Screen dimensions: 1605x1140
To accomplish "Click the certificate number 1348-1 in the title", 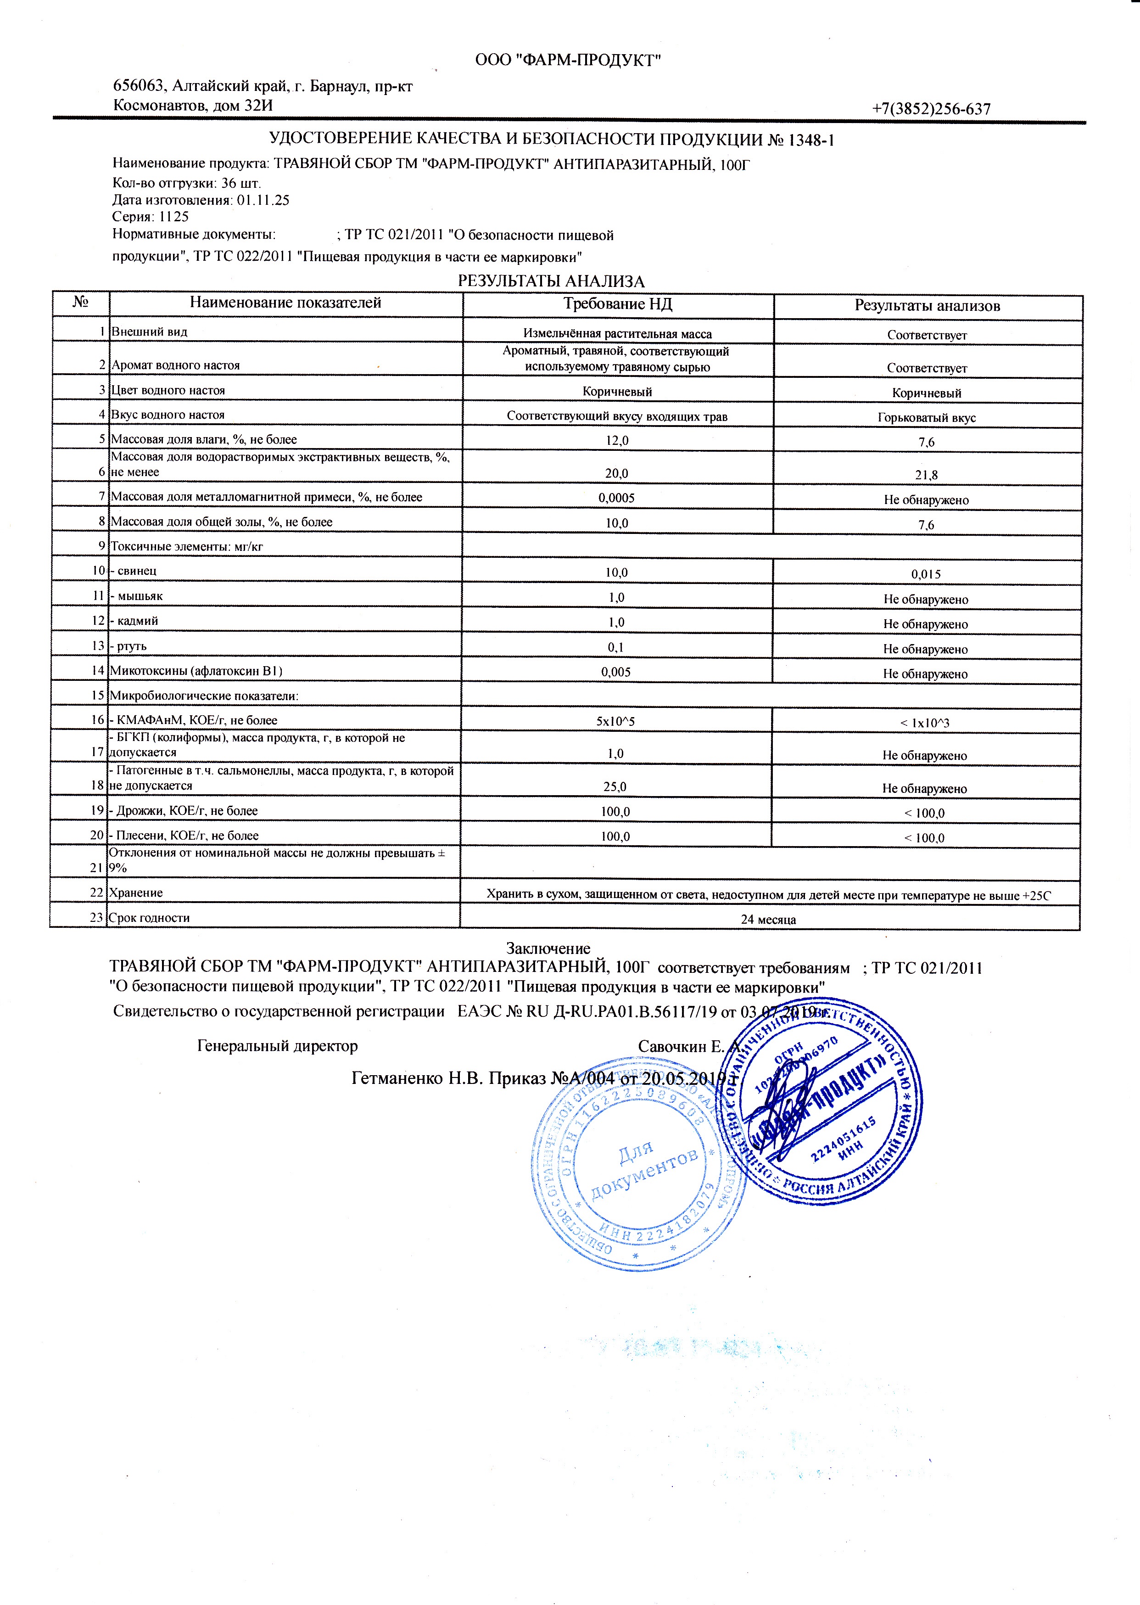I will (811, 140).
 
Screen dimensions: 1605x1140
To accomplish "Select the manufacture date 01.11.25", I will (263, 200).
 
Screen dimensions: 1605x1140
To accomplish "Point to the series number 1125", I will (174, 217).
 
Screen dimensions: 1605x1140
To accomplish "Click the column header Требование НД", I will (618, 304).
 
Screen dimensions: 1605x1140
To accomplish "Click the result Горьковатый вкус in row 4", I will (927, 418).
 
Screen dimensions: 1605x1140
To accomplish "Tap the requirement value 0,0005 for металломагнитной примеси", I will (616, 498).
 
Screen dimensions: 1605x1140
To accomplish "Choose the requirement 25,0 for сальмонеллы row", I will (615, 787).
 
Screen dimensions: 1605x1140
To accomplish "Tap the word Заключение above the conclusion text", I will (548, 948).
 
